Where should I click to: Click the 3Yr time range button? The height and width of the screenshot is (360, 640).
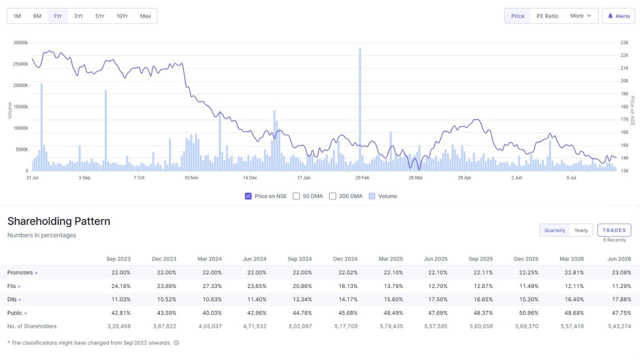[x=78, y=16]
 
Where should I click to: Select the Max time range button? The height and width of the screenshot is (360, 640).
[x=145, y=16]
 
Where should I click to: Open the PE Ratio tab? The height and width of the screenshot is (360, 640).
[x=547, y=16]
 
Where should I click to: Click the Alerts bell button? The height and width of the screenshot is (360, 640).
[x=618, y=16]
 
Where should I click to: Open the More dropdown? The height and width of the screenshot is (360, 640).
[x=580, y=16]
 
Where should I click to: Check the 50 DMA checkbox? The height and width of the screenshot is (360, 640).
[x=296, y=196]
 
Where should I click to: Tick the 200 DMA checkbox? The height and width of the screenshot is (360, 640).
[x=332, y=196]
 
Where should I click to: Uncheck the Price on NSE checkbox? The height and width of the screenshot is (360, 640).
[x=248, y=196]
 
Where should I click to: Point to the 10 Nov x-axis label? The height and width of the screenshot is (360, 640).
[x=191, y=177]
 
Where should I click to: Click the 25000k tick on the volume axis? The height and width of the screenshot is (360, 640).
[x=20, y=64]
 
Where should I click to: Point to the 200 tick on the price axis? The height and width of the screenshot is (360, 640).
[x=624, y=81]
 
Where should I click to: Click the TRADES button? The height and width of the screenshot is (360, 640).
[x=614, y=230]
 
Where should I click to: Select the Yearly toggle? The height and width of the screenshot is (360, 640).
[x=581, y=230]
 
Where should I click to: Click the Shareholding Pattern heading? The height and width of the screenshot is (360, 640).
[x=59, y=221]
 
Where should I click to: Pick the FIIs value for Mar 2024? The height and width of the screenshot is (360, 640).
[x=212, y=286]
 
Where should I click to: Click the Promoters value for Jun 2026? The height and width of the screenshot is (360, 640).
[x=621, y=272]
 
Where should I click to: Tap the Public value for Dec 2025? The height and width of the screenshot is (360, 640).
[x=528, y=313]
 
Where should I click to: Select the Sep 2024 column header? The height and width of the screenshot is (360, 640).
[x=299, y=259]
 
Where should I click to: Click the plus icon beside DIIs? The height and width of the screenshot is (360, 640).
[x=19, y=299]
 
